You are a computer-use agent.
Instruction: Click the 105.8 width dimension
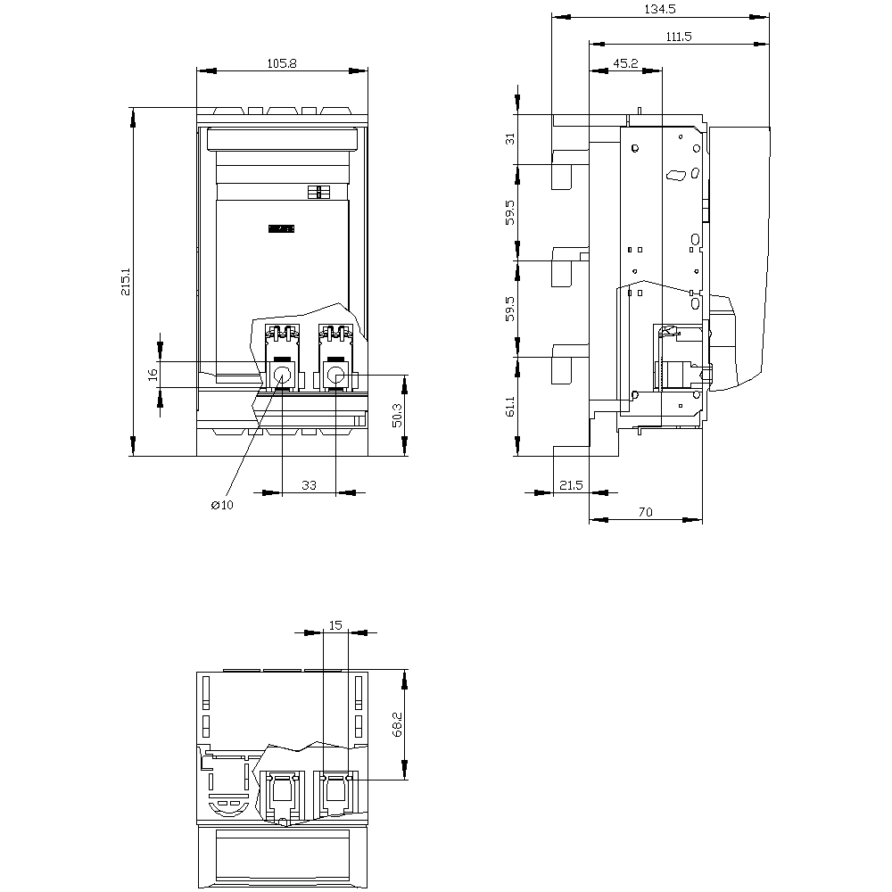click(x=282, y=63)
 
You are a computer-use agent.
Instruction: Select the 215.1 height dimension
click(x=126, y=282)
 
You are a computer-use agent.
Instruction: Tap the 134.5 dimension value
click(x=660, y=9)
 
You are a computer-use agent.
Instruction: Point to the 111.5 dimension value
click(x=679, y=37)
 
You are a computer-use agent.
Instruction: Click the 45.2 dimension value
click(x=625, y=63)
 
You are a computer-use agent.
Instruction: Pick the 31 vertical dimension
click(x=510, y=138)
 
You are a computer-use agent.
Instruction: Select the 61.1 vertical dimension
click(x=510, y=406)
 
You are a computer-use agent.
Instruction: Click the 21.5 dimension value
click(x=571, y=484)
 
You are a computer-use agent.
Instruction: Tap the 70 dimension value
click(x=645, y=512)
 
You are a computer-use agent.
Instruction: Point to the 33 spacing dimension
click(x=309, y=484)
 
